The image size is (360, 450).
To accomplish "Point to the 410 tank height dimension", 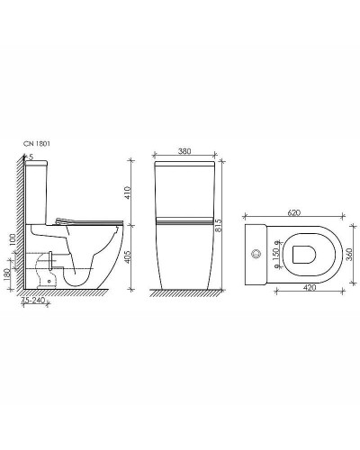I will (128, 192).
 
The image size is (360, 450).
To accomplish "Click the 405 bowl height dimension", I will (128, 257).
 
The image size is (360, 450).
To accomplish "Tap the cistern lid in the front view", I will (184, 166).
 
